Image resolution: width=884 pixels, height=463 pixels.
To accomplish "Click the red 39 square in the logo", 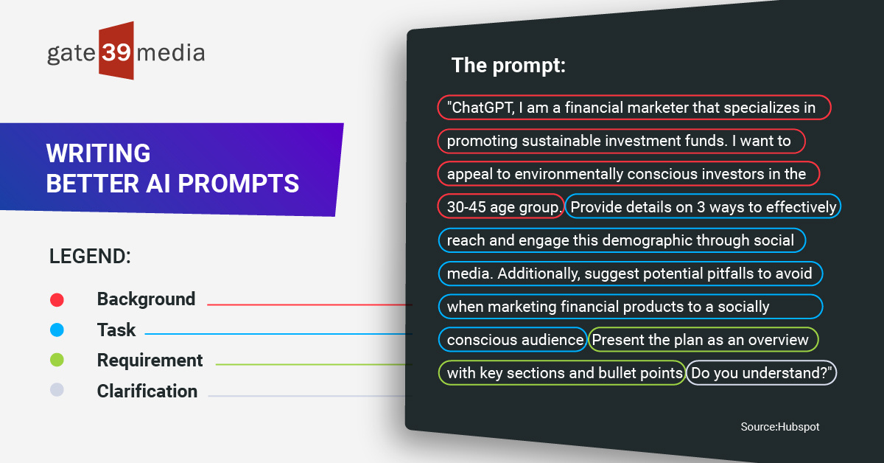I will click(116, 51).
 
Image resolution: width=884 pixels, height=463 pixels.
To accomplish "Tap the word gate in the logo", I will click(71, 53).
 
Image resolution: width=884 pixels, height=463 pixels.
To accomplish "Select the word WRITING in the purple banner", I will click(98, 153).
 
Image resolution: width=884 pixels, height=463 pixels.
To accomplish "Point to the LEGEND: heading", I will click(90, 257).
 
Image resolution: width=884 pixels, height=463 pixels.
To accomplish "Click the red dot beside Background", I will click(57, 299).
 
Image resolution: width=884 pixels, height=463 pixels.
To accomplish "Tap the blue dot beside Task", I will click(57, 330).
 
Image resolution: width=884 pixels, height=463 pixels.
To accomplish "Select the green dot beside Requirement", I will click(57, 361).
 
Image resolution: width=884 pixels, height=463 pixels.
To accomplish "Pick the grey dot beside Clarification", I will click(57, 391).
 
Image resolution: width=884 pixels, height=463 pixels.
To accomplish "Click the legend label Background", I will click(146, 299).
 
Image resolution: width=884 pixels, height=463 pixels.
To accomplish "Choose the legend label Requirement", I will click(150, 361).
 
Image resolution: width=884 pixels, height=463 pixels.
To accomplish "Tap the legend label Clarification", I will click(147, 391).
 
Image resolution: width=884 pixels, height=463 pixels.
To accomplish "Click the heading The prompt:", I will click(508, 66).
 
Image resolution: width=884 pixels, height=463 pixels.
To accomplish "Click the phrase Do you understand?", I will click(762, 373).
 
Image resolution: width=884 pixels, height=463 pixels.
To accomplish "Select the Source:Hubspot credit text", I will click(779, 427).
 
